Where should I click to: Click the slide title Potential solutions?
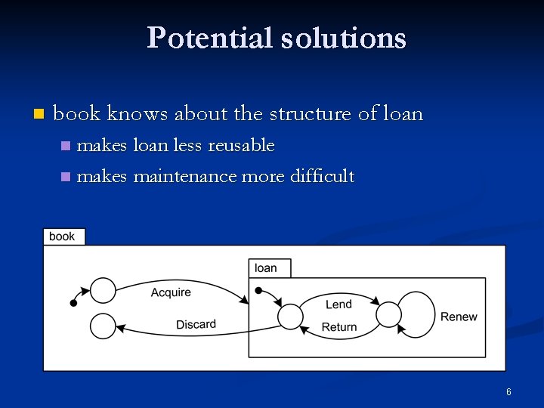[277, 38]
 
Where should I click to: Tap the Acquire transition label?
[171, 292]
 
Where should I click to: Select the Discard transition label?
[196, 324]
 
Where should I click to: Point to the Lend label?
[338, 304]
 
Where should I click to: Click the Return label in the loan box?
[339, 327]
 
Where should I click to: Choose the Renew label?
[459, 317]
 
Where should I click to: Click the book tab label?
[62, 236]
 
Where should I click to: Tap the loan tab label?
[266, 267]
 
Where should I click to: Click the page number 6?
[508, 391]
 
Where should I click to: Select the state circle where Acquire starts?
[103, 290]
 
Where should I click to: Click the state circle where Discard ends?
[103, 326]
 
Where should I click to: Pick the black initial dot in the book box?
[73, 303]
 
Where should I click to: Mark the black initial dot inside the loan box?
[258, 290]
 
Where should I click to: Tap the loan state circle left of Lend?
[290, 316]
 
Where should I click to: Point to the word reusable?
[241, 144]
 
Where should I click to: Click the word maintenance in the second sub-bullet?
[185, 177]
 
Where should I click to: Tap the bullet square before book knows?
[39, 115]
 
